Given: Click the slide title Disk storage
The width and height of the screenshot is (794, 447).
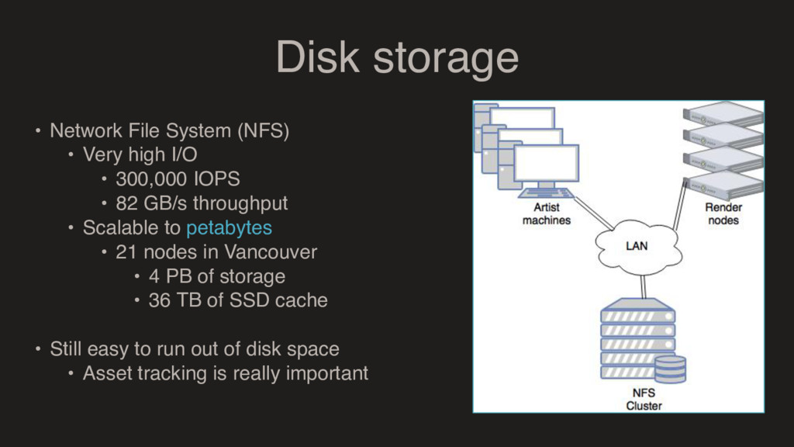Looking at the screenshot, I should [x=396, y=57].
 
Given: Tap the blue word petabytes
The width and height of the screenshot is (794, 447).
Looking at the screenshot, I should [x=229, y=228].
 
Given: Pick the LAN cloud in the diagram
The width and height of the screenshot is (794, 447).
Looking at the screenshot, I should [x=637, y=246].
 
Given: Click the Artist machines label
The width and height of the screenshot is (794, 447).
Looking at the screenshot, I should [x=546, y=213].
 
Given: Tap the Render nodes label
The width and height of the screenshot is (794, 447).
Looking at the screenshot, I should [x=723, y=213].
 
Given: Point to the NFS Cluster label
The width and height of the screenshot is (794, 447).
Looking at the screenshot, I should [x=644, y=399].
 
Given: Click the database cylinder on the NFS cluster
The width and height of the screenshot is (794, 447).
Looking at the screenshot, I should [x=669, y=369].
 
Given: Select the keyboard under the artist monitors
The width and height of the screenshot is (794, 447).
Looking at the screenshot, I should [x=546, y=192].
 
